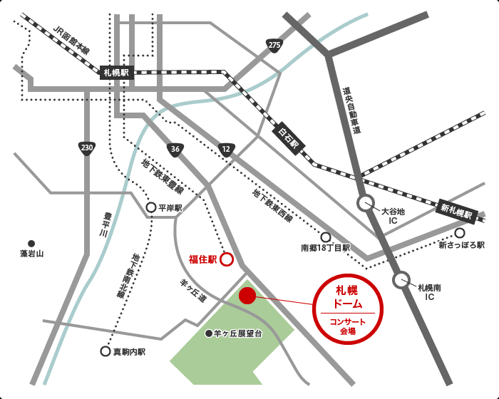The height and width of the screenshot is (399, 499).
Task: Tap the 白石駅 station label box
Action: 290,136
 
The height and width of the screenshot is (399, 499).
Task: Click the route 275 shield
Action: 274,46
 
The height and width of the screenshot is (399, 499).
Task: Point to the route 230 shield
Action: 86,148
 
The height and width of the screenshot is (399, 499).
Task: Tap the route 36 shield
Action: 175,148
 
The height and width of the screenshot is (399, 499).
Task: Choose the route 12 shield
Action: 226,148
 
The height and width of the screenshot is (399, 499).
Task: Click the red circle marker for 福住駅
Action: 226,259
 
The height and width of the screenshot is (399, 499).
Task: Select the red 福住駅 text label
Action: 202,259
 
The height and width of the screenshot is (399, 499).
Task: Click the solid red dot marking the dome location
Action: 247,296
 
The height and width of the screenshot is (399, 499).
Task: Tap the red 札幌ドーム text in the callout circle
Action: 349,296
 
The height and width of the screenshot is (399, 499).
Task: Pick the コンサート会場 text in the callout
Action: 349,327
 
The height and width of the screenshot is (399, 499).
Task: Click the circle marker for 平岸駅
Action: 150,208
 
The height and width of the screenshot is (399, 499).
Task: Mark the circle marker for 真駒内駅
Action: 105,351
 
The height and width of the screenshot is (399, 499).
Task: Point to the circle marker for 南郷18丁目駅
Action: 326,237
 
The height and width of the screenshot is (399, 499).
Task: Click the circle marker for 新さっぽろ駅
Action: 460,232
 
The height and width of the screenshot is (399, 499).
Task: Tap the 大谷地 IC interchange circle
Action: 366,204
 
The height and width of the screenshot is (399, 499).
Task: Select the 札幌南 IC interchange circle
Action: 401,280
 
